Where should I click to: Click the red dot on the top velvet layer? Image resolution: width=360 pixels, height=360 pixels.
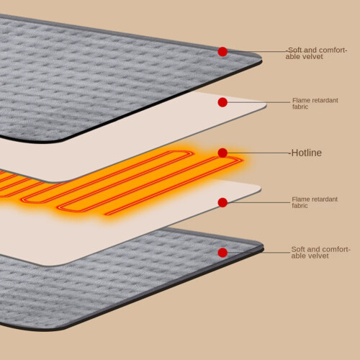[222, 52]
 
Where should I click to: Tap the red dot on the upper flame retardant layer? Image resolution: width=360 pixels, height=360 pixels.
[222, 102]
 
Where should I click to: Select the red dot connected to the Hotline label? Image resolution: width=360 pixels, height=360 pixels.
[222, 153]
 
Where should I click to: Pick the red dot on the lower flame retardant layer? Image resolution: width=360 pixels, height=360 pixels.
[222, 202]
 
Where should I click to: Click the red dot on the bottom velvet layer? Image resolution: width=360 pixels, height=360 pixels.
[222, 253]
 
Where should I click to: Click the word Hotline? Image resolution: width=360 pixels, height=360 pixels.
[307, 153]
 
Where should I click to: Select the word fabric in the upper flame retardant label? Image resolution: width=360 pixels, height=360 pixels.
[300, 107]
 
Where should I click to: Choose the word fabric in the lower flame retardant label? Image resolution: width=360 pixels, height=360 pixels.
[300, 206]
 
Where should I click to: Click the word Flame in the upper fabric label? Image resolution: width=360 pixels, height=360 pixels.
[300, 100]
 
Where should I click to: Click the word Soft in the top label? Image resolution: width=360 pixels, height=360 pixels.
[295, 50]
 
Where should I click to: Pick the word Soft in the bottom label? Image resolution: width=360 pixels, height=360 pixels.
[298, 249]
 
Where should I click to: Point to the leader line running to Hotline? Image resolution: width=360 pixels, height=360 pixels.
[258, 153]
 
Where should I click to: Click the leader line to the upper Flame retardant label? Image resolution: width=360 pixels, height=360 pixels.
[258, 102]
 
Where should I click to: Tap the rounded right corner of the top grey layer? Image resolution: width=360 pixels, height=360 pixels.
[260, 59]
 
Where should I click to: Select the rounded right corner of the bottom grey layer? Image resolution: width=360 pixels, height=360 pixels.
[262, 247]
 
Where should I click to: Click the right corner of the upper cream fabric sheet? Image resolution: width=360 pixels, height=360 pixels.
[265, 105]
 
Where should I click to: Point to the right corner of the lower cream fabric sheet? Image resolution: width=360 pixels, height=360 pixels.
[260, 188]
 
